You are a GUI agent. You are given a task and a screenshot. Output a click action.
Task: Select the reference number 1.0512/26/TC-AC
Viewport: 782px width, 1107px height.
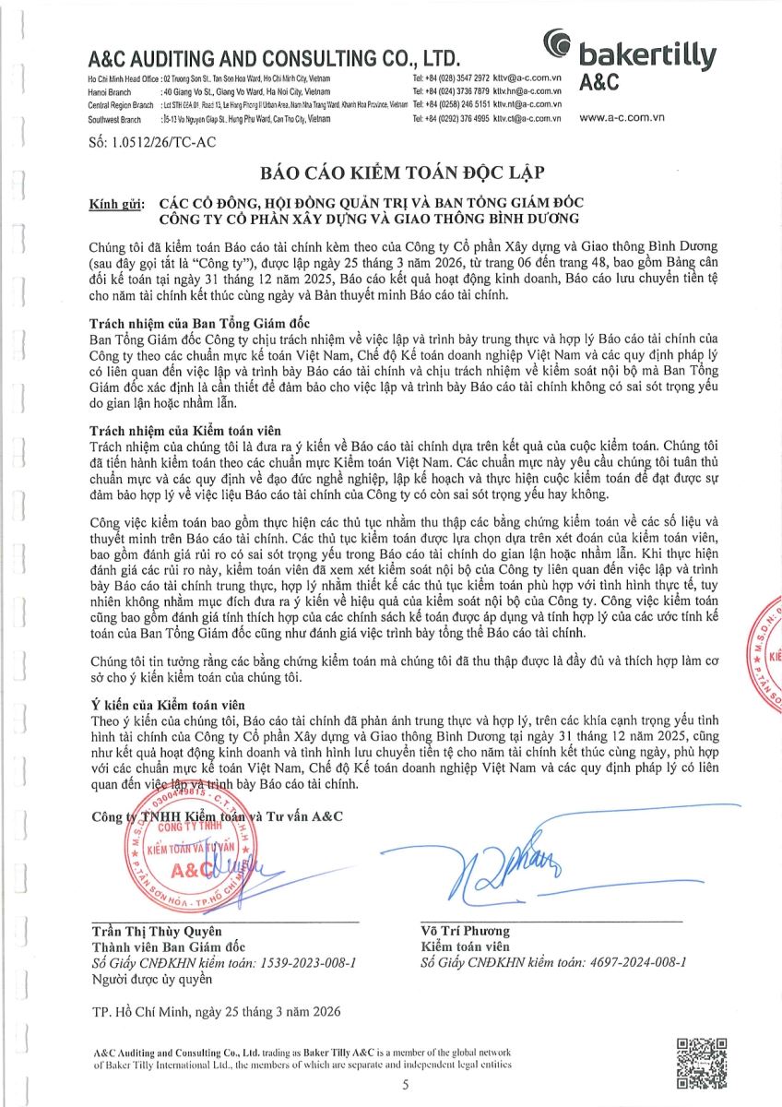coord(152,142)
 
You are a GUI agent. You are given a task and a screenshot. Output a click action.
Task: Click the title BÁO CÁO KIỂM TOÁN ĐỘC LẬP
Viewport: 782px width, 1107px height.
coord(390,173)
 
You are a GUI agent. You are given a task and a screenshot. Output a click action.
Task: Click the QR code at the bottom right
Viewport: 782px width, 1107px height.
coord(704,1062)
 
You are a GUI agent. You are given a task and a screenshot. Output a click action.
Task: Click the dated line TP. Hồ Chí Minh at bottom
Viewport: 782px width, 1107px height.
coord(216,1011)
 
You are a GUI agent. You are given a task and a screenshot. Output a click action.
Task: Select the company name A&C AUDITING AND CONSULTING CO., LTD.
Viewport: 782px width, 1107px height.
coord(273,58)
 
